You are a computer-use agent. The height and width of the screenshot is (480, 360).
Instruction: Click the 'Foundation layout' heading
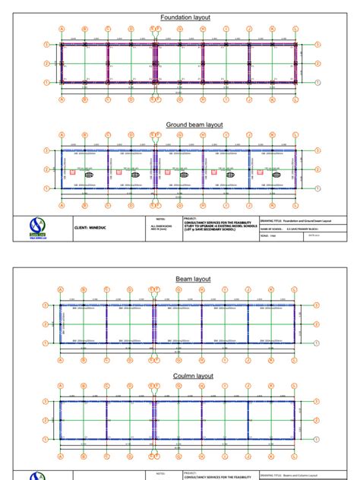point(185,17)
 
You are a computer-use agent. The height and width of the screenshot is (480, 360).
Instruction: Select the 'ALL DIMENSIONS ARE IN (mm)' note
point(161,228)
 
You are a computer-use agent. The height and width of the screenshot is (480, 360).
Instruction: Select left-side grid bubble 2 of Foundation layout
point(47,64)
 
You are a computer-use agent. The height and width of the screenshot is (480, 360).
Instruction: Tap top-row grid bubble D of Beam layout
point(131,289)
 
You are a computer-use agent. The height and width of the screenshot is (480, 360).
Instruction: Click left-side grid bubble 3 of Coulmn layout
point(47,402)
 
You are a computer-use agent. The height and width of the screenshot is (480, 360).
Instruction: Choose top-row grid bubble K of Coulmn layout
point(273,386)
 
